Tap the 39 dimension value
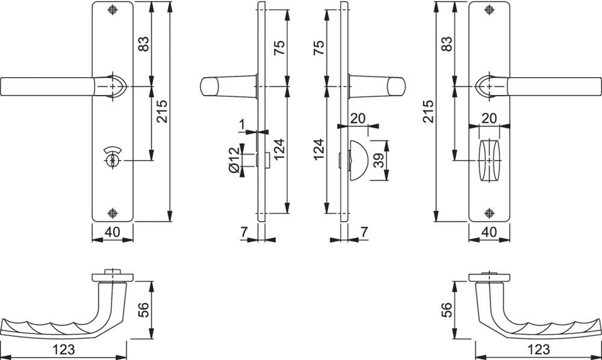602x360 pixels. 379,160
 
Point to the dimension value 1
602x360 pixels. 242,124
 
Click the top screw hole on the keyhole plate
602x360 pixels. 112,10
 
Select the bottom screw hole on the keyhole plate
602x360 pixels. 112,213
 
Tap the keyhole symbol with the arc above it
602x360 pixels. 112,157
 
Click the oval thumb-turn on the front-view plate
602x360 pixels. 489,160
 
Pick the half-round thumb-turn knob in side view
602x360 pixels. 358,160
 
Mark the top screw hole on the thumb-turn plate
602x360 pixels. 489,10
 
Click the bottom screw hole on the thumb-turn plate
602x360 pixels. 489,213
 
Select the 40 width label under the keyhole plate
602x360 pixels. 112,232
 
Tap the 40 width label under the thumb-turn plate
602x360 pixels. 489,232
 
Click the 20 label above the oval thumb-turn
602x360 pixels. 489,118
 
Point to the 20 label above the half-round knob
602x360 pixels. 358,118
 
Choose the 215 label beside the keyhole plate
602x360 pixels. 161,111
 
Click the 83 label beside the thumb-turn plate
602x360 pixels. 447,44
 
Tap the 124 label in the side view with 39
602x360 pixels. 319,150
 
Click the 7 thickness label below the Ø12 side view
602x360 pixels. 244,232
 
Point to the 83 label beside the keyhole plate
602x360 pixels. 143,44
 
